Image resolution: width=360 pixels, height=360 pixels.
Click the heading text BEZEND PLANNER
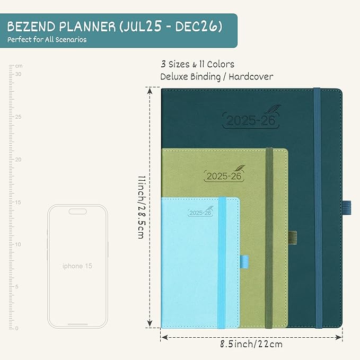(69, 26)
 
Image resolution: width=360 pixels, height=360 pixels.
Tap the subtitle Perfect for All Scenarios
(47, 40)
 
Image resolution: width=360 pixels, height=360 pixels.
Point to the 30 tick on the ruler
(17, 74)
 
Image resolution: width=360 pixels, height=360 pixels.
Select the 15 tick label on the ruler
(17, 202)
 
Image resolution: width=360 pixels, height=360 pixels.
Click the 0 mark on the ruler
(17, 329)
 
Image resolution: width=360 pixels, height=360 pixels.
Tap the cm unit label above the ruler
(19, 66)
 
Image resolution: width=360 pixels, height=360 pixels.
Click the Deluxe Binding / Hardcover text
(217, 77)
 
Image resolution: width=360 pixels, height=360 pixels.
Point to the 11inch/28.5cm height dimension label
(141, 207)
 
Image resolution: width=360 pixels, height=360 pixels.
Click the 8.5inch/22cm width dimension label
(252, 344)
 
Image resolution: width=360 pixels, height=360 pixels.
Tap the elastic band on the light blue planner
(222, 265)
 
